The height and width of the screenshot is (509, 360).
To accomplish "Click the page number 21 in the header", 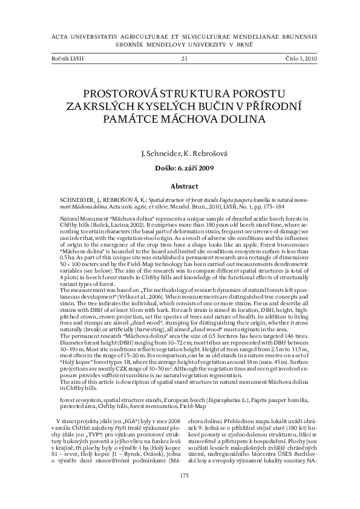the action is [184, 59].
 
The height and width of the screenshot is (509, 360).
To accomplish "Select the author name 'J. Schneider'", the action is [160, 155].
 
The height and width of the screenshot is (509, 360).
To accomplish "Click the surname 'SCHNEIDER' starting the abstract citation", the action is [75, 198].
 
